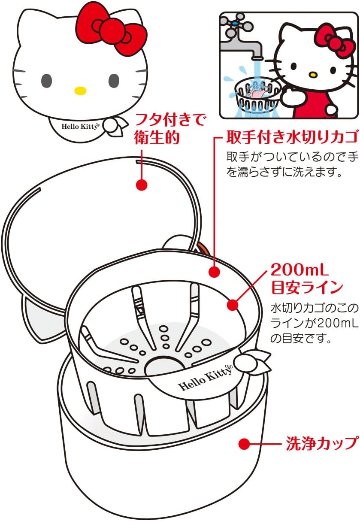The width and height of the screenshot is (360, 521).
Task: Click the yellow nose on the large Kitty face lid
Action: point(80,91)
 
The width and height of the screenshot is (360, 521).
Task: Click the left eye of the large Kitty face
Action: point(46,80)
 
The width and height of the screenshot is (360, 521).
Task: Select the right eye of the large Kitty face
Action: point(114,80)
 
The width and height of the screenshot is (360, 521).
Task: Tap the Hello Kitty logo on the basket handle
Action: point(205,377)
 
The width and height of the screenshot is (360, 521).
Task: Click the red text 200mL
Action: point(299,270)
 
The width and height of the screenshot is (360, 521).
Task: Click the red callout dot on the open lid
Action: point(141,185)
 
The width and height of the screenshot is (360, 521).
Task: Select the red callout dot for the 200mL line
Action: point(232,305)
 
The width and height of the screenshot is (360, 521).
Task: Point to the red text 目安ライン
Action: point(307,287)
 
